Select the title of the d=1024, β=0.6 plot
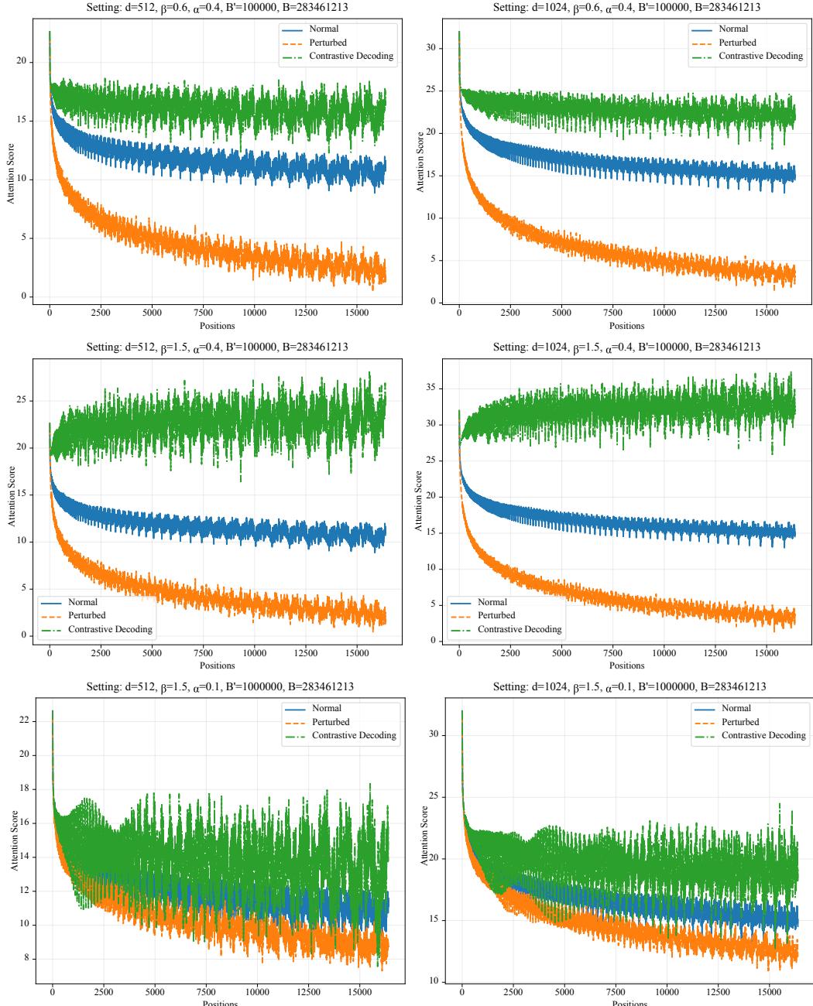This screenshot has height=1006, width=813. click(626, 7)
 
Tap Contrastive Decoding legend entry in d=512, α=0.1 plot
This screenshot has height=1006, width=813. click(354, 735)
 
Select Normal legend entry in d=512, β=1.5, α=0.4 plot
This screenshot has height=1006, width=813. click(82, 601)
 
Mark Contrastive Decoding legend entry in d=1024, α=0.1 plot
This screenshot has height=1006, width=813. click(763, 735)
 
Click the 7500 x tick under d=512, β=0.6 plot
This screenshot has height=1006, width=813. click(204, 313)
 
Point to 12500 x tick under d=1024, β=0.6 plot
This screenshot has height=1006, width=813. click(715, 313)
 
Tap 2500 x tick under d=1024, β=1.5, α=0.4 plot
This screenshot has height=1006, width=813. click(510, 653)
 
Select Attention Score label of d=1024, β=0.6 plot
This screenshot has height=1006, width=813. click(420, 161)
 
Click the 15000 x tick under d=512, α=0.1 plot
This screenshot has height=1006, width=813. click(360, 993)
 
